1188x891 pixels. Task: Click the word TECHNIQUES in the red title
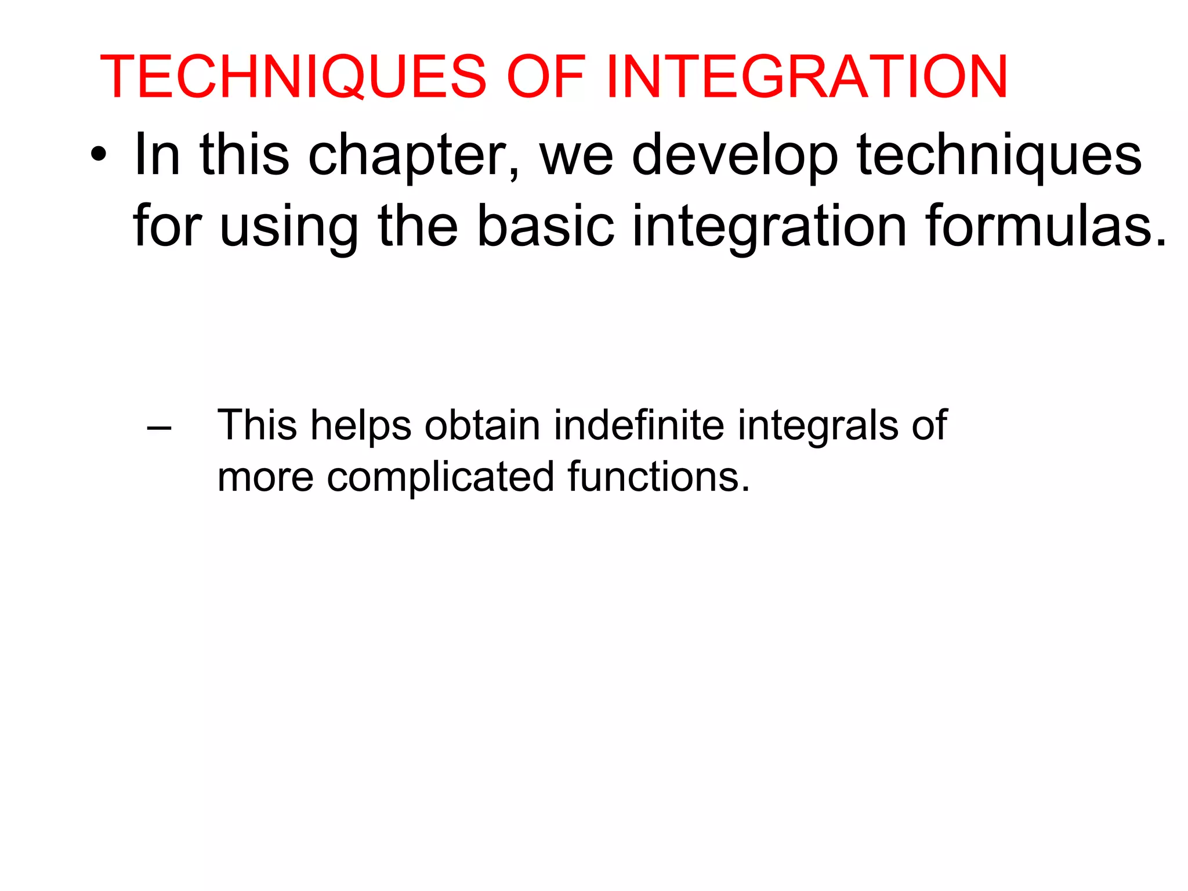tap(293, 78)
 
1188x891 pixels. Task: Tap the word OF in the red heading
tap(546, 78)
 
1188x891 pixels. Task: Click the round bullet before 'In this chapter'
tap(99, 155)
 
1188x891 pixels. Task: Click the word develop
tap(735, 155)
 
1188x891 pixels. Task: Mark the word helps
tap(361, 426)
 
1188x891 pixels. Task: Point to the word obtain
tap(483, 426)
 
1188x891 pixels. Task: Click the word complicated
tap(441, 477)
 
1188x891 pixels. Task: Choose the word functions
tap(658, 477)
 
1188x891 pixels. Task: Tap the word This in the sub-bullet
tap(257, 426)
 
